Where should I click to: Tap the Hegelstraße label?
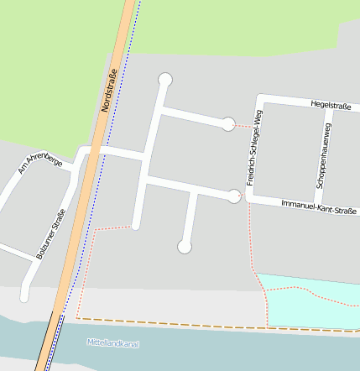(330, 106)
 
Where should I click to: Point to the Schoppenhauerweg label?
(322, 154)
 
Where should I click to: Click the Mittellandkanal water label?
(112, 343)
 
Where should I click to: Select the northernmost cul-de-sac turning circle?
(165, 80)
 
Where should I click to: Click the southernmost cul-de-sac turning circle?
(185, 247)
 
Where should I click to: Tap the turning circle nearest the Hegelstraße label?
(227, 124)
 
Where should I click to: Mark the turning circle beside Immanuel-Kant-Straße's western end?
(234, 196)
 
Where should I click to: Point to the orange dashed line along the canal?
(210, 325)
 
